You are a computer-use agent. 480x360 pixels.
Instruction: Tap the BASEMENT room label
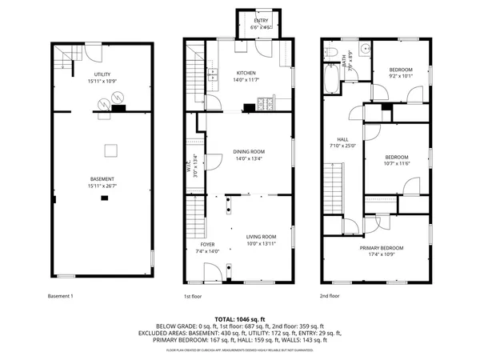(102, 178)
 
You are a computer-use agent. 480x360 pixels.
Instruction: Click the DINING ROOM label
(249, 151)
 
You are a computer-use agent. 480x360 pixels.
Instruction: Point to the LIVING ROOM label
(261, 237)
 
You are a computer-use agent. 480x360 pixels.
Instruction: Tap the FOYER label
(207, 244)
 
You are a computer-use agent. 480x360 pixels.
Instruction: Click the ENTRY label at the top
(262, 21)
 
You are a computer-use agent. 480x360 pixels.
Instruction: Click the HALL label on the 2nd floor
(342, 139)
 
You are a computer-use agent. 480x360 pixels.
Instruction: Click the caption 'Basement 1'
(60, 296)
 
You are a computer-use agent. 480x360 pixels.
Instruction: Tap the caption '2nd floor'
(330, 296)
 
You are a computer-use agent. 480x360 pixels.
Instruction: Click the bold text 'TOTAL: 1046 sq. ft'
(239, 318)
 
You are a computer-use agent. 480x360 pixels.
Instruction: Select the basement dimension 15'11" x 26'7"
(102, 186)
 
